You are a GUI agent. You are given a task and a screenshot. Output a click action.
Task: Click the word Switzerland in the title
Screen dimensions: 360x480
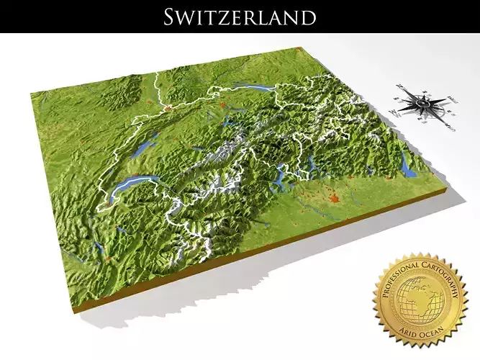point(240,16)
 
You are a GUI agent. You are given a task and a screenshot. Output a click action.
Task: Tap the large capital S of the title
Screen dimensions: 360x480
point(171,16)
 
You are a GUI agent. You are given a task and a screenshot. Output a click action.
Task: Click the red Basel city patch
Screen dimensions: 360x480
point(168,108)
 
